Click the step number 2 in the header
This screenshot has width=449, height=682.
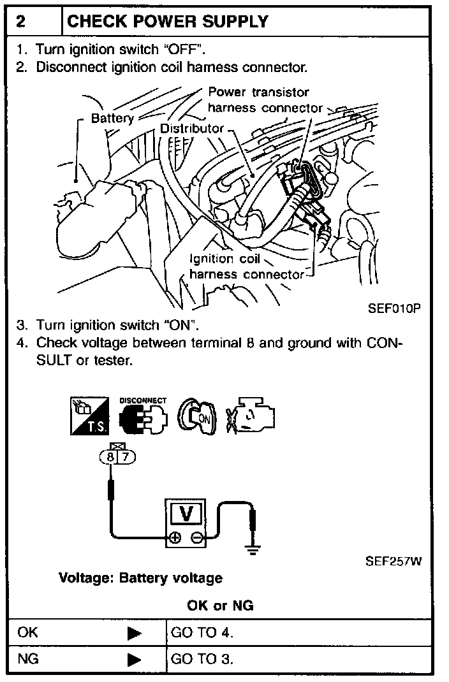pyautogui.click(x=21, y=22)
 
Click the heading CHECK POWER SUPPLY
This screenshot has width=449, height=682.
pyautogui.click(x=168, y=22)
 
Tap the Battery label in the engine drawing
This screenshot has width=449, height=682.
pyautogui.click(x=112, y=119)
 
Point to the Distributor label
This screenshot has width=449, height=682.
pyautogui.click(x=192, y=128)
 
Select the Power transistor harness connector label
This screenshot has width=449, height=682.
pyautogui.click(x=265, y=100)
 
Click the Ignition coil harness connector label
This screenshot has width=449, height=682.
pyautogui.click(x=246, y=267)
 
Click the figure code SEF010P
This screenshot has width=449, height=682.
pyautogui.click(x=395, y=308)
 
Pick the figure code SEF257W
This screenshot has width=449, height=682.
pyautogui.click(x=394, y=562)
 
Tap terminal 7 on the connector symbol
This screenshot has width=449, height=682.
pyautogui.click(x=124, y=457)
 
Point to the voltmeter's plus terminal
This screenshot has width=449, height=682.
pyautogui.click(x=174, y=539)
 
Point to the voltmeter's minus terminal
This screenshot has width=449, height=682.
pyautogui.click(x=198, y=539)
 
